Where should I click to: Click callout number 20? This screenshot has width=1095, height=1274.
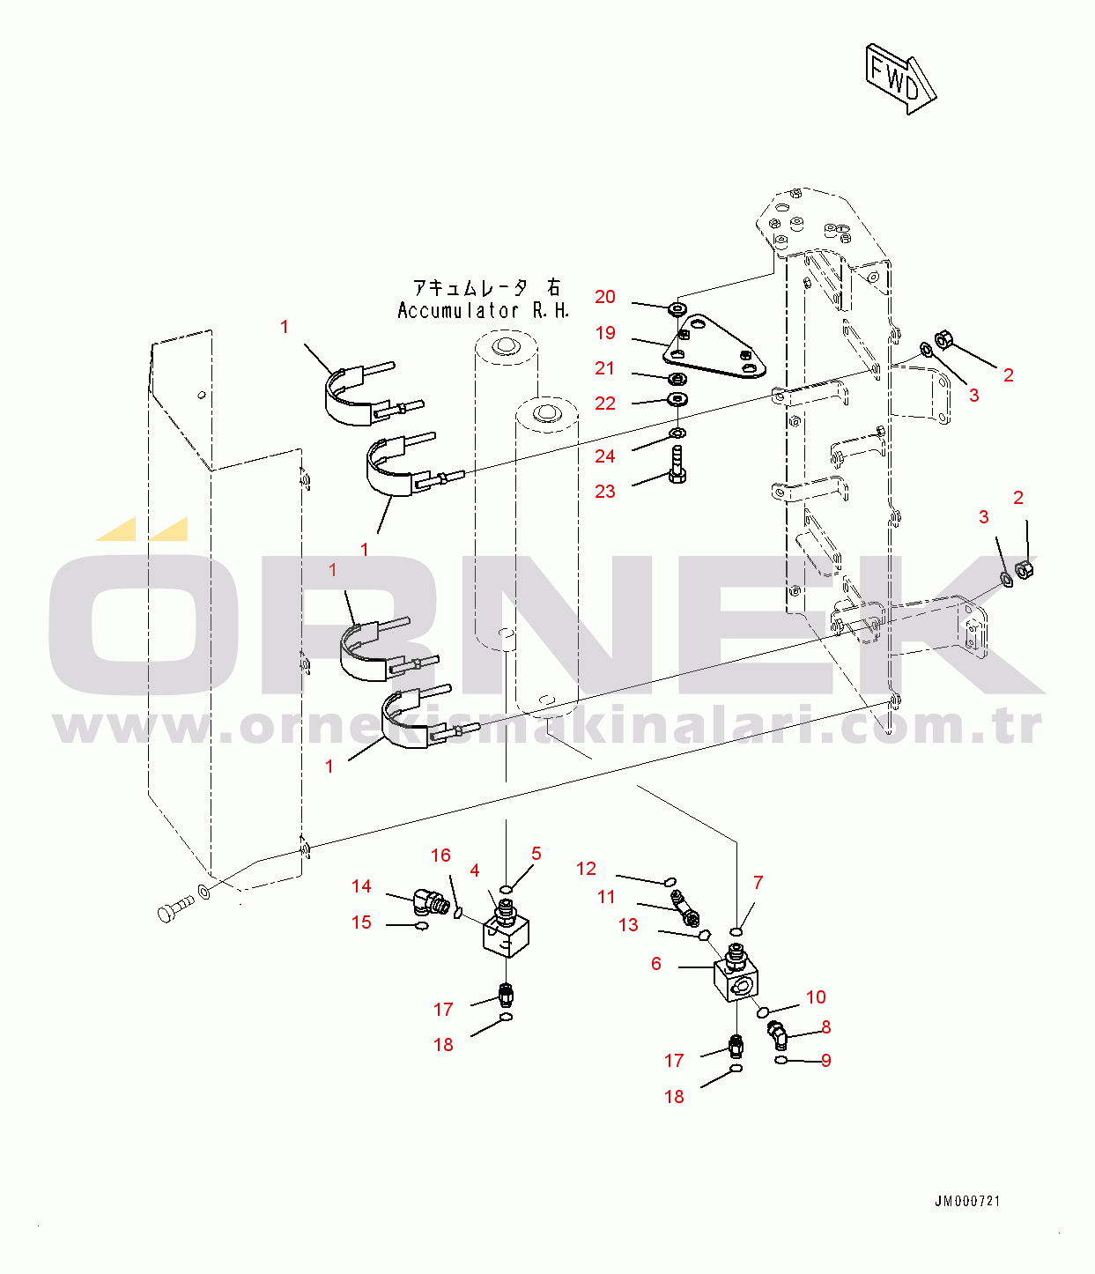click(x=605, y=297)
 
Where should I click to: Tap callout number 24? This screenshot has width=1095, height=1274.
click(x=605, y=456)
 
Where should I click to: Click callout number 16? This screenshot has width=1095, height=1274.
click(x=440, y=856)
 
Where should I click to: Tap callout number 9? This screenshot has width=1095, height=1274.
click(x=825, y=1060)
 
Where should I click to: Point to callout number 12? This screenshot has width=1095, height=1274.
click(x=586, y=869)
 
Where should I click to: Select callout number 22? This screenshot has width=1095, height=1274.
click(x=605, y=404)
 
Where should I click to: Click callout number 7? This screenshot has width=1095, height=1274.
click(x=758, y=883)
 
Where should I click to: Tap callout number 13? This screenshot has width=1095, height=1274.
click(x=628, y=924)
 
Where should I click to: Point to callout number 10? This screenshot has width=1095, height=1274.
click(x=816, y=996)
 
